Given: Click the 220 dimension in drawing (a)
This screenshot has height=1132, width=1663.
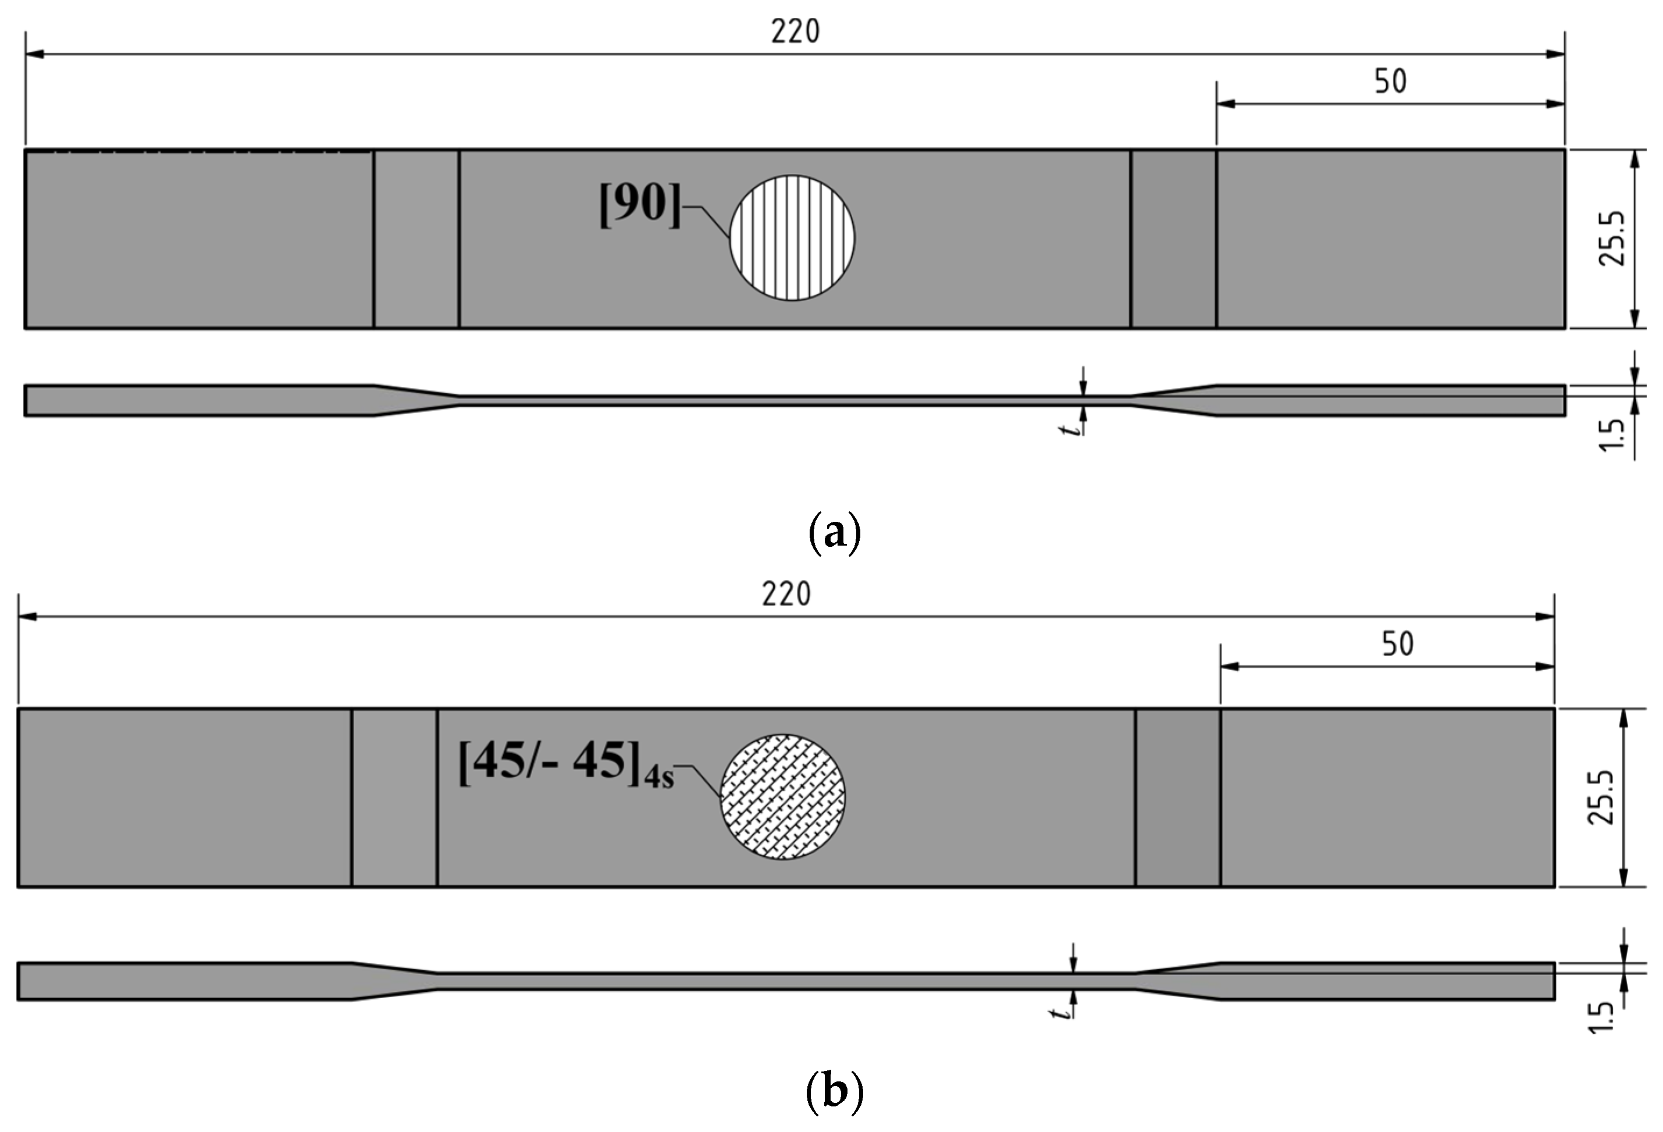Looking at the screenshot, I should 795,32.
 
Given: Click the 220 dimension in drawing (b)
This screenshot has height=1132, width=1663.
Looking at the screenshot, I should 786,595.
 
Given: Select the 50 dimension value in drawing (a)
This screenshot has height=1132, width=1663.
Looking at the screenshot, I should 1390,81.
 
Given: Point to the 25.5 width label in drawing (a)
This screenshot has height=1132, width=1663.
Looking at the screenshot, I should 1612,239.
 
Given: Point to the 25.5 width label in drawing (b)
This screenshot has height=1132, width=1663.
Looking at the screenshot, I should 1601,798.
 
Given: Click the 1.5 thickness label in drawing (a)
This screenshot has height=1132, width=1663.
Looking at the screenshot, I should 1611,436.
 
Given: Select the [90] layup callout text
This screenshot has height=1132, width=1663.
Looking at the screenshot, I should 640,205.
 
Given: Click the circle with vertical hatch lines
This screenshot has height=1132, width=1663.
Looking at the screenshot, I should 792,237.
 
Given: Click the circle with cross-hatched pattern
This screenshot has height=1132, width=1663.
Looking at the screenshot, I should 782,796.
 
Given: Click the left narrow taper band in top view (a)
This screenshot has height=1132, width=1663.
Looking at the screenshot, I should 416,239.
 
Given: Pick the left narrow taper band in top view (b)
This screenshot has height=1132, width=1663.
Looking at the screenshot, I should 394,798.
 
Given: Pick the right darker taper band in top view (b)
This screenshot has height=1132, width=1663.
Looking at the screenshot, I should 1177,798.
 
